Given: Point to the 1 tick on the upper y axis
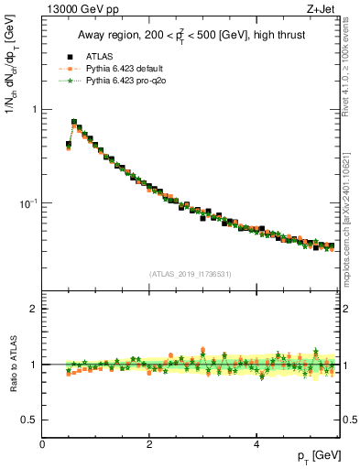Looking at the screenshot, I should pos(35,110).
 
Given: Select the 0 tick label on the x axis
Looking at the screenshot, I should pos(42,444).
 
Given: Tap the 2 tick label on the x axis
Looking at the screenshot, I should pos(149,444).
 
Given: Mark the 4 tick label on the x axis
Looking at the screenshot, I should pos(256,444).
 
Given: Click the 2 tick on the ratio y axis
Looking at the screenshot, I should pos(35,309).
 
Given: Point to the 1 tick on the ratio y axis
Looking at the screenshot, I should pos(35,365).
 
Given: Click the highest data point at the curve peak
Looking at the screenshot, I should pos(74,121).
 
